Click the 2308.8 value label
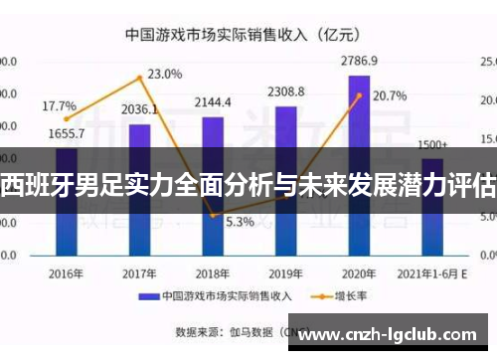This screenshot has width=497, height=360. point(285,92)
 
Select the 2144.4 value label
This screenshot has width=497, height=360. point(213,102)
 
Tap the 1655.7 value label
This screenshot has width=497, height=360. point(66,133)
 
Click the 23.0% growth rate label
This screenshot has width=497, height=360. point(165,74)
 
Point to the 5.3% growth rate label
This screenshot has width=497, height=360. point(240,221)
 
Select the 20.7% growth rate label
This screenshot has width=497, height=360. point(390,96)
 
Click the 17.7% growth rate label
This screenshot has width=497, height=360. point(59,105)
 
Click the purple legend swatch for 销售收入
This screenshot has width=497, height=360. point(148,296)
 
